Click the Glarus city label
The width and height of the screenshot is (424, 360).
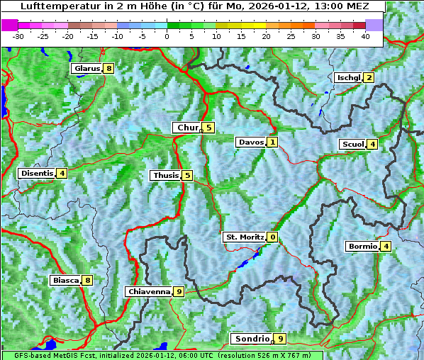86,69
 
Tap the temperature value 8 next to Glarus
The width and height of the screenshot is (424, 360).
108,69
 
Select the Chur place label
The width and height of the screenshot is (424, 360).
187,128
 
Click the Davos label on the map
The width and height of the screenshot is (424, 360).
250,142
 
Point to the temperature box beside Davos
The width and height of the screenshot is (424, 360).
272,142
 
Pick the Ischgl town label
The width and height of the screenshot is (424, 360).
348,77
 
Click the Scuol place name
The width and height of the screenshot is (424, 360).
352,144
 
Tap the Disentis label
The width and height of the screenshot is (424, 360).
37,173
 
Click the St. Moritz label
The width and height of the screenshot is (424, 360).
244,237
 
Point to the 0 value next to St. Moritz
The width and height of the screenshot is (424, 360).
273,237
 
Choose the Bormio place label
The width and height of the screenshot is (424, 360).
362,247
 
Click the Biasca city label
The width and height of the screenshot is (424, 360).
65,280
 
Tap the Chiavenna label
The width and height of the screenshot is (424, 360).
148,291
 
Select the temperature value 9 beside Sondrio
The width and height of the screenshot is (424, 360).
281,339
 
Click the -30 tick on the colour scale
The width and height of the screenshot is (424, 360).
18,35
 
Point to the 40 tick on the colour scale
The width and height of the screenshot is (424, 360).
365,35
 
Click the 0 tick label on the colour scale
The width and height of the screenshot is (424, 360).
167,35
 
